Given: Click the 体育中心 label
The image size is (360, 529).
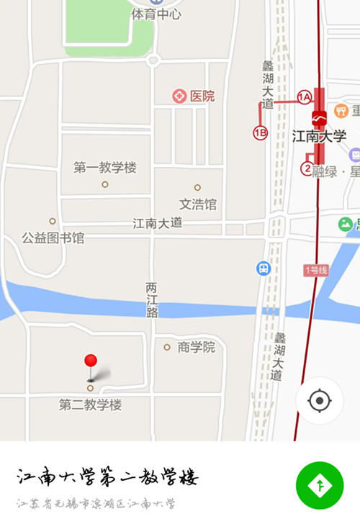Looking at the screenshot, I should [x=156, y=14].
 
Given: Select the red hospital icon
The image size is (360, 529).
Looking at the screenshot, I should [x=179, y=96].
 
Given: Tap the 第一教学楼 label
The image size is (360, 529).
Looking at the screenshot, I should [x=104, y=168].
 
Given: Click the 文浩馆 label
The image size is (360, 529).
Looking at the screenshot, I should [x=197, y=204].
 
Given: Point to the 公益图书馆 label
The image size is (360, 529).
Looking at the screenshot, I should [x=53, y=237].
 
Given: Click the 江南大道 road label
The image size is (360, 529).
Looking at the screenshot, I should [x=158, y=223].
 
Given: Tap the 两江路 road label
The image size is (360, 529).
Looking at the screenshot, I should [x=152, y=299].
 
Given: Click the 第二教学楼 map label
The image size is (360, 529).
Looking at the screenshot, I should [x=90, y=405].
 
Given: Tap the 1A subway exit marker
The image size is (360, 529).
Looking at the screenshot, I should [x=305, y=97].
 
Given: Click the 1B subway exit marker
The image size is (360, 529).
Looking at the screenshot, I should [x=260, y=132].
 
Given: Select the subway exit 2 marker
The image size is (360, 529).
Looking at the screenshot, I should [x=307, y=169].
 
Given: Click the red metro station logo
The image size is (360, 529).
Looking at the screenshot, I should [x=319, y=117].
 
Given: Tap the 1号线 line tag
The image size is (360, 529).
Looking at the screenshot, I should [x=315, y=271].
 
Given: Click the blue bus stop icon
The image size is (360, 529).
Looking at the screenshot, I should [x=264, y=268].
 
